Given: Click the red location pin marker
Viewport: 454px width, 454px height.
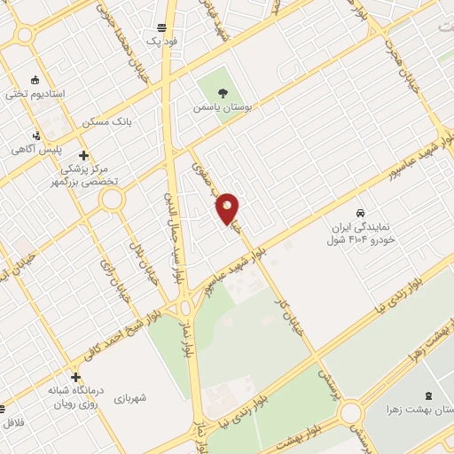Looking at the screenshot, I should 227,209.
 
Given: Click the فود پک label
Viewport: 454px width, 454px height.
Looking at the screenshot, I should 162,40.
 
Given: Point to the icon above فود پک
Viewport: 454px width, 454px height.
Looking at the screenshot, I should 161,27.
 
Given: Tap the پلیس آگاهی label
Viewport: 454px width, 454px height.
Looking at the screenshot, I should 28,149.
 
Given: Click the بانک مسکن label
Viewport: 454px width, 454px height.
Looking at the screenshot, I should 106,121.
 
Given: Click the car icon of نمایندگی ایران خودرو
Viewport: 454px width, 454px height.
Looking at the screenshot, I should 359,214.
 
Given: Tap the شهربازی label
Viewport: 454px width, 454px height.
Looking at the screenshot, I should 135,400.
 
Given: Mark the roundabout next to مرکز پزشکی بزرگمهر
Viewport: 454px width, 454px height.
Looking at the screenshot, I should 113,199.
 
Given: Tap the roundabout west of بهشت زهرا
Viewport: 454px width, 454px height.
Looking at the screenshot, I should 352,412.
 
